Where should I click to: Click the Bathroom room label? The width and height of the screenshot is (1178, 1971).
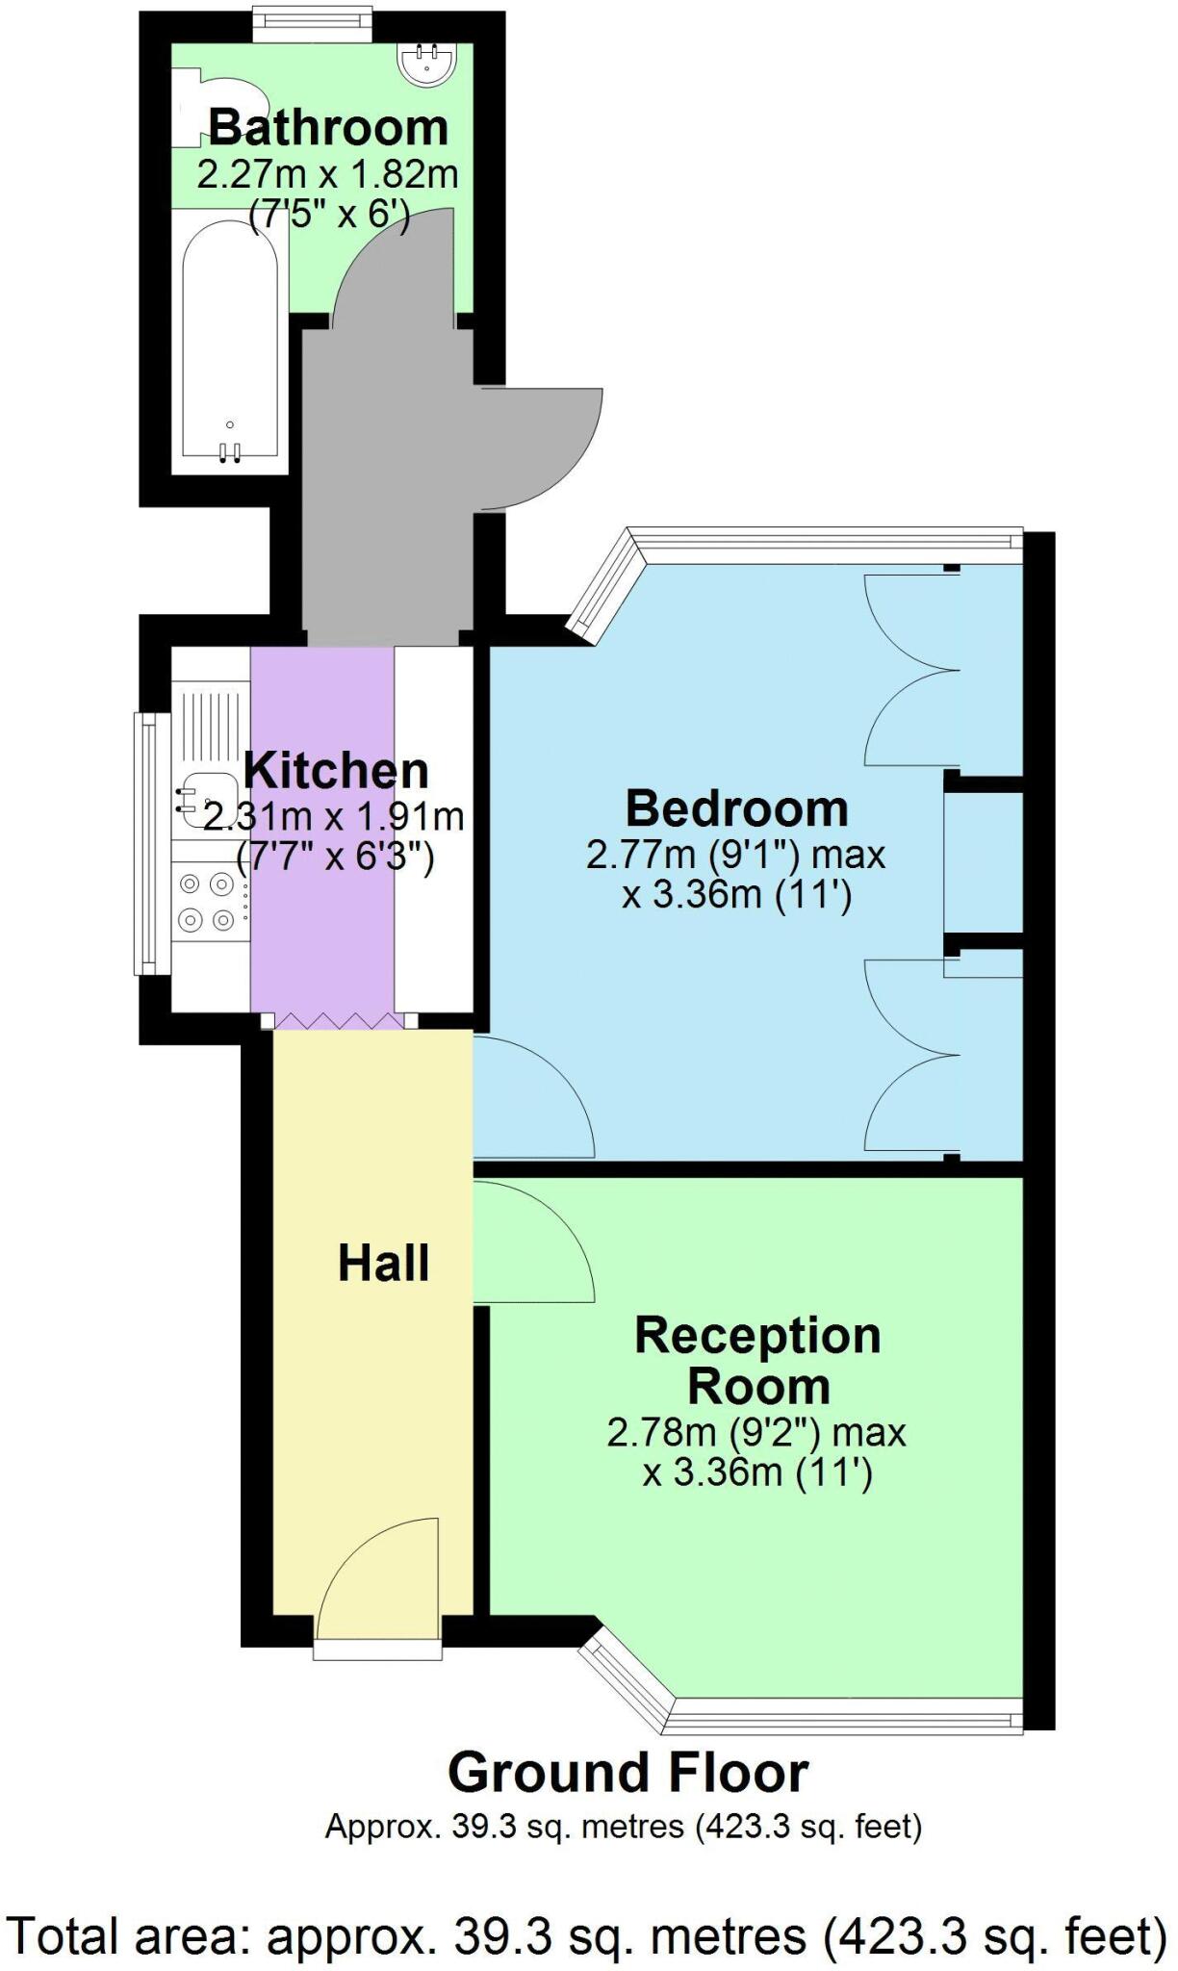328,128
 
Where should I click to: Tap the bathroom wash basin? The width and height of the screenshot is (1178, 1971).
425,64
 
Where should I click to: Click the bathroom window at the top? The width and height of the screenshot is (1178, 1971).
312,24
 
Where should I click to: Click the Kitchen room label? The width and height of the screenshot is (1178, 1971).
336,770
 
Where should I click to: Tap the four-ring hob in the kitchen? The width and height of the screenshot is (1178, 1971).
207,901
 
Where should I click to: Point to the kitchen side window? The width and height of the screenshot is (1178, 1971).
144,842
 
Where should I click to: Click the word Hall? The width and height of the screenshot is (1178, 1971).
383,1263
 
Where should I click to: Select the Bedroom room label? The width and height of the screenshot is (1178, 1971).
737,808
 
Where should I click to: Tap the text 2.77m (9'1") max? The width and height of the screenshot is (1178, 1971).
735,855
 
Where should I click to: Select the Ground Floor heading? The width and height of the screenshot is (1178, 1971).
627,1772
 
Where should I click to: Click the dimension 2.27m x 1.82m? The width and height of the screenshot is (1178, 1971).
328,175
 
